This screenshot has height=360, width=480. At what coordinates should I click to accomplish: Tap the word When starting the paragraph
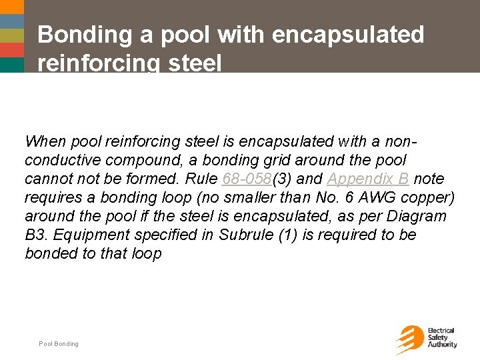click(x=45, y=141)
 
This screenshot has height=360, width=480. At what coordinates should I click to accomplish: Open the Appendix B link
click(x=368, y=179)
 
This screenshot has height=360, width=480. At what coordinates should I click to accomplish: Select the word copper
click(x=430, y=198)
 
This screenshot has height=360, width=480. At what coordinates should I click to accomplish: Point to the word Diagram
click(x=419, y=217)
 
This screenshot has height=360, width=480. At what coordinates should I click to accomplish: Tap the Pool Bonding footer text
click(x=59, y=344)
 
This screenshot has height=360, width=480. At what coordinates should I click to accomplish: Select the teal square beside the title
click(x=11, y=64)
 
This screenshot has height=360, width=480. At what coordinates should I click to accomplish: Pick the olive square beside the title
click(x=11, y=35)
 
